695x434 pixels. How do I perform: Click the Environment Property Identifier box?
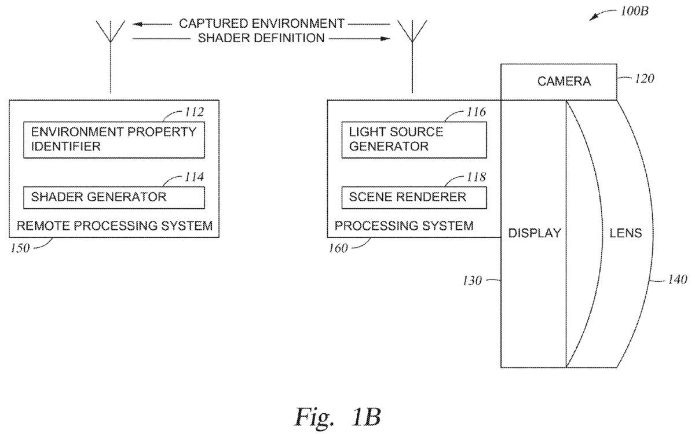pyautogui.click(x=114, y=139)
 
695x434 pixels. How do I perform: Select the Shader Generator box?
pyautogui.click(x=114, y=197)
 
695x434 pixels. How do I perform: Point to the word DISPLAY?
pyautogui.click(x=534, y=233)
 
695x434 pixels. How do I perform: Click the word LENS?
pyautogui.click(x=625, y=233)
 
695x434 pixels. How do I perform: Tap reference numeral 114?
pyautogui.click(x=193, y=177)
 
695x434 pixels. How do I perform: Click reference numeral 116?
pyautogui.click(x=477, y=111)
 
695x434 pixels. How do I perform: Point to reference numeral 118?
pyautogui.click(x=477, y=177)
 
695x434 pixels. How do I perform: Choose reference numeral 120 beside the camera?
pyautogui.click(x=645, y=79)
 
